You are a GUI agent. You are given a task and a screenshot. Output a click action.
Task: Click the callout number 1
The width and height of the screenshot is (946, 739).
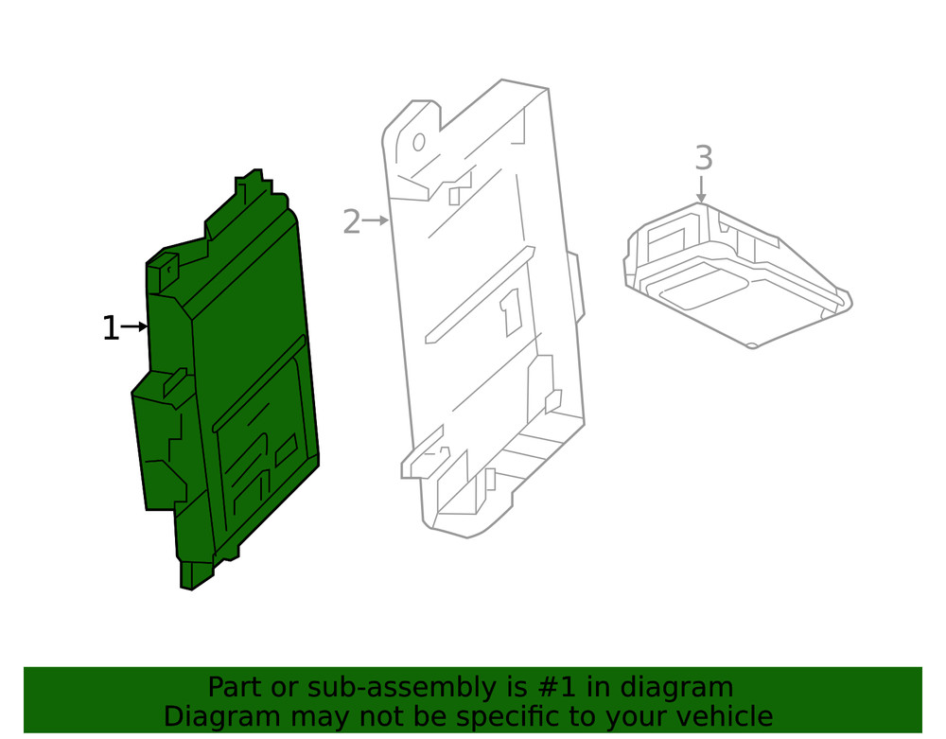[111, 328]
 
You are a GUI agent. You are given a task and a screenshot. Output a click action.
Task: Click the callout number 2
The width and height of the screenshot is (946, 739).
[351, 222]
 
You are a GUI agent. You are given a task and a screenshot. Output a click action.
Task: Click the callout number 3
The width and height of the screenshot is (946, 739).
[703, 157]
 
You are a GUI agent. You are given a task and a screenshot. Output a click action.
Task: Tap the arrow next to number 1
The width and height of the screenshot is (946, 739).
[134, 327]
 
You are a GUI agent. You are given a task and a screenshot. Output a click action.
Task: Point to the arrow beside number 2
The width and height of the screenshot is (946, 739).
[377, 220]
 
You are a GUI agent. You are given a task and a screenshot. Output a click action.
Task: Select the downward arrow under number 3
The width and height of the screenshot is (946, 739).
[701, 187]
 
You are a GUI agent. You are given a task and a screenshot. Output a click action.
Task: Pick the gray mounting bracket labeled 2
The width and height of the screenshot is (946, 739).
[482, 312]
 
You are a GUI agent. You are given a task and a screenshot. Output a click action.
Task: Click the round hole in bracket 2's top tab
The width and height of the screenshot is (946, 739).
[418, 143]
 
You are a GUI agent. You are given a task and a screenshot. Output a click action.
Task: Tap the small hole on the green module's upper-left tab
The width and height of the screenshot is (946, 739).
[168, 270]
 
